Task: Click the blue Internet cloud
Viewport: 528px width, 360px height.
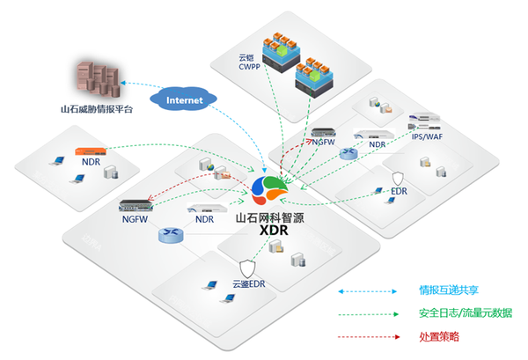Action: [x=183, y=99]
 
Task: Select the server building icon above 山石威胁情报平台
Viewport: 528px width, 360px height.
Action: [x=94, y=79]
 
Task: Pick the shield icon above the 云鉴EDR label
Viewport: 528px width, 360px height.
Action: [x=248, y=268]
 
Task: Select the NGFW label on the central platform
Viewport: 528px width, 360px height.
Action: [x=136, y=217]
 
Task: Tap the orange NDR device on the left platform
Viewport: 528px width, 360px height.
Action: [x=91, y=152]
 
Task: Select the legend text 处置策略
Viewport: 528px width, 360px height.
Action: [x=442, y=337]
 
